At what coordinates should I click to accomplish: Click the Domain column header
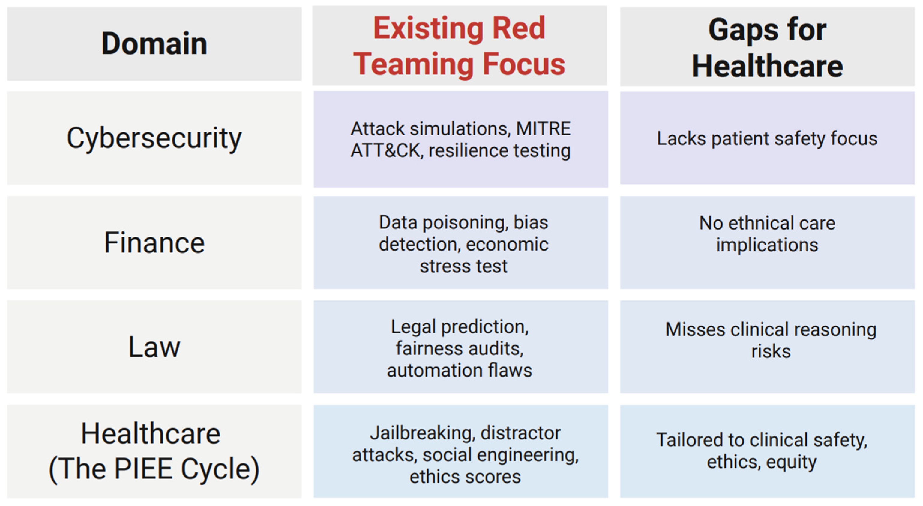[x=154, y=44]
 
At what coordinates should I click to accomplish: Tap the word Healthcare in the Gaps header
[x=768, y=66]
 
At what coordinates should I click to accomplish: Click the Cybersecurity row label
[x=154, y=138]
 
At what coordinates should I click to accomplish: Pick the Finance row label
[x=154, y=243]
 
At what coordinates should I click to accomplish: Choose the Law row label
[x=154, y=347]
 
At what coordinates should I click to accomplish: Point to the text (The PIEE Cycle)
[x=154, y=469]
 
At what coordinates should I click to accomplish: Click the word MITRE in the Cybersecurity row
[x=543, y=129]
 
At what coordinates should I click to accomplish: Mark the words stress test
[x=464, y=266]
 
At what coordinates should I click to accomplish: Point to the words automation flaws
[x=460, y=370]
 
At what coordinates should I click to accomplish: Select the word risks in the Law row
[x=771, y=351]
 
